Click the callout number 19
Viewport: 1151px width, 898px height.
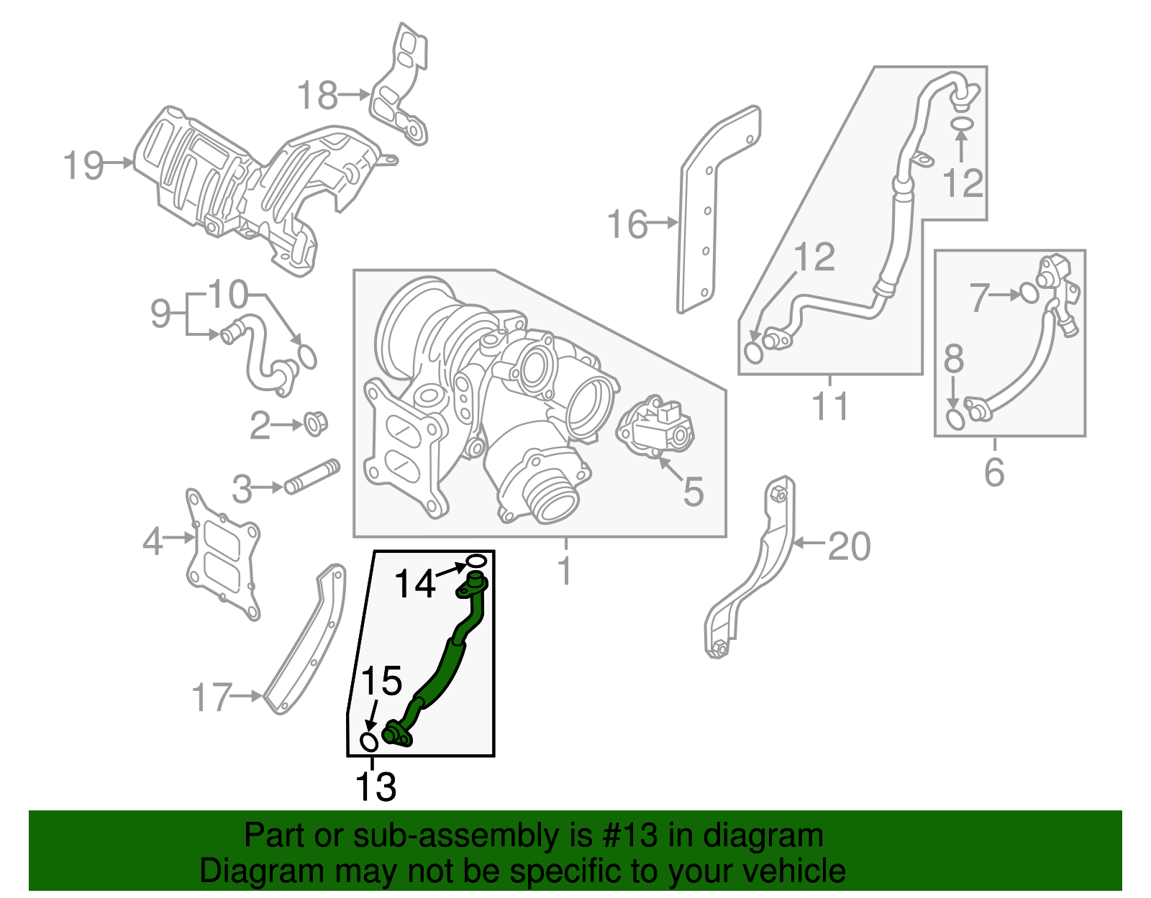[x=83, y=165]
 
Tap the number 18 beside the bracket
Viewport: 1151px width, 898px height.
[x=317, y=95]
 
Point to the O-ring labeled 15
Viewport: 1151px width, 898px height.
[x=368, y=741]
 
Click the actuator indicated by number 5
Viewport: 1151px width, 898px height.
[x=656, y=430]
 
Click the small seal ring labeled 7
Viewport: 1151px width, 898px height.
[x=1029, y=293]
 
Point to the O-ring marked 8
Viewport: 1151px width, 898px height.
[x=955, y=419]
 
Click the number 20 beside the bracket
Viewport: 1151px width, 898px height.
[x=849, y=546]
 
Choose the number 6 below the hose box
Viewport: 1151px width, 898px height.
[x=993, y=472]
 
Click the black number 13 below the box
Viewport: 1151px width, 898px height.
[x=376, y=786]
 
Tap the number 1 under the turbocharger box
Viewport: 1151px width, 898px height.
[x=565, y=572]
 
